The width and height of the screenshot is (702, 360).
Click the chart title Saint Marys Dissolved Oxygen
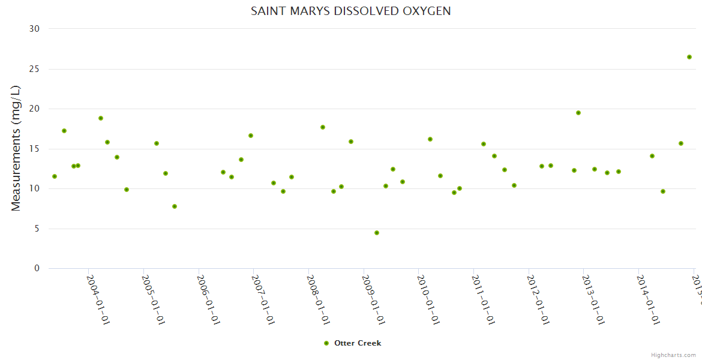[350, 11]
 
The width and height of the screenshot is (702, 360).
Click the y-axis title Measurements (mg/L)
[16, 148]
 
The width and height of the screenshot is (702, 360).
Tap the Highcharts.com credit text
[673, 355]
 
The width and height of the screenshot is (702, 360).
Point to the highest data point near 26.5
[689, 57]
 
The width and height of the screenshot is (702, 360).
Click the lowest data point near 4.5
[377, 233]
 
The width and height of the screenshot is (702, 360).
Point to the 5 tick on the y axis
[37, 229]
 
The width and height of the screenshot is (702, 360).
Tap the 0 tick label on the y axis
[37, 269]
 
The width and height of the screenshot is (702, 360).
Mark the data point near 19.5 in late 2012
[578, 113]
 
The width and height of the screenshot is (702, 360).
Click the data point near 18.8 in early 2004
[101, 118]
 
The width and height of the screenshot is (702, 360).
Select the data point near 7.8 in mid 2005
[175, 206]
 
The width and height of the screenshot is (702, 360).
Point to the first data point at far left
[55, 176]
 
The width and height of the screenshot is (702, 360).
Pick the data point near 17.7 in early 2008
[323, 127]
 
